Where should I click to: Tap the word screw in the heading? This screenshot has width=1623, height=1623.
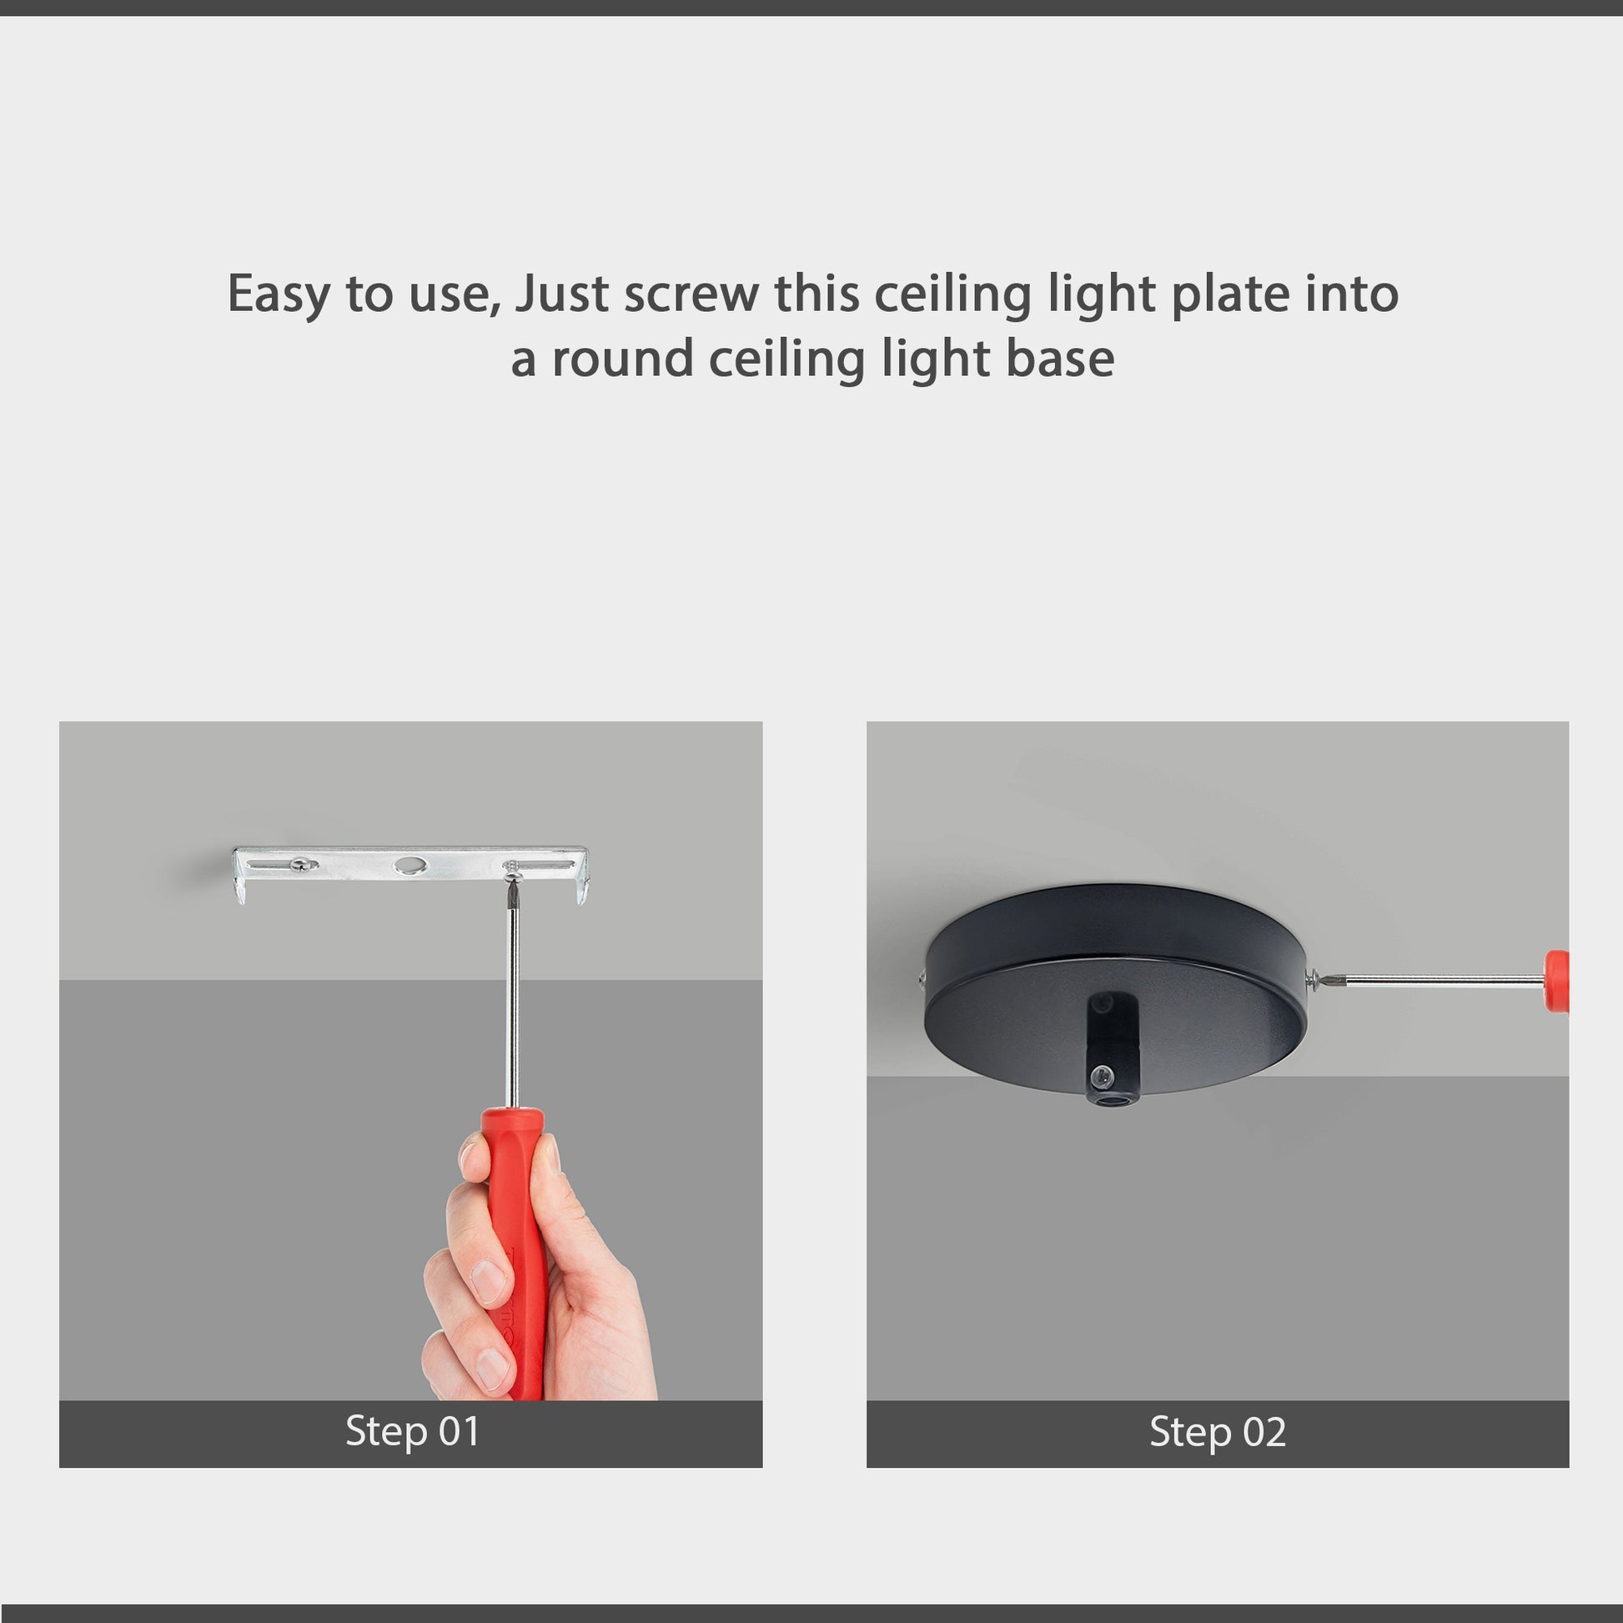(691, 294)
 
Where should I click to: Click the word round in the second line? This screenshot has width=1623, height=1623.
(621, 359)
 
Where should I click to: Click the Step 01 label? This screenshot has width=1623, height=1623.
(412, 1431)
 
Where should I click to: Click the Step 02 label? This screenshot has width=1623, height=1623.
(1218, 1431)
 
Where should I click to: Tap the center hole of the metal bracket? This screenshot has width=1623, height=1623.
(411, 864)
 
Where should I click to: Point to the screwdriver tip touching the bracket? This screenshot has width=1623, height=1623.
(511, 882)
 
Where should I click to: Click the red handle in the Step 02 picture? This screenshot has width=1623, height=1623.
(1556, 980)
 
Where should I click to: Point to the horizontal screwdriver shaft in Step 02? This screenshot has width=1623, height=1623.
(1436, 979)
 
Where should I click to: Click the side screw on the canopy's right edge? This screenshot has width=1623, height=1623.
(1312, 977)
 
